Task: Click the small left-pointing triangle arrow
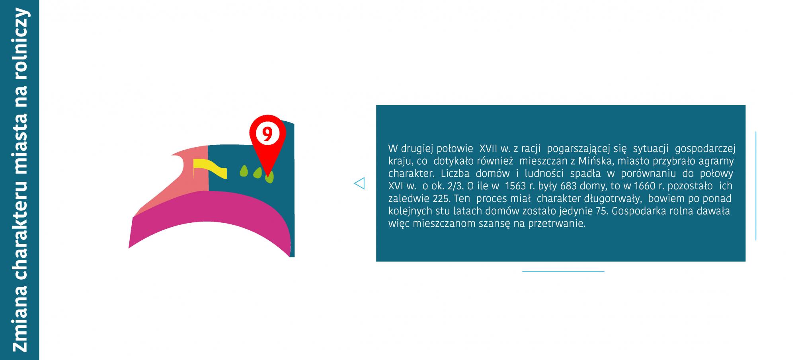[x=359, y=183]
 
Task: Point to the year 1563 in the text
[x=515, y=186]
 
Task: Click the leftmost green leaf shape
[x=244, y=171]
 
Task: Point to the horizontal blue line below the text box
[x=563, y=272]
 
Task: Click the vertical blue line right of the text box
[x=755, y=186]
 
